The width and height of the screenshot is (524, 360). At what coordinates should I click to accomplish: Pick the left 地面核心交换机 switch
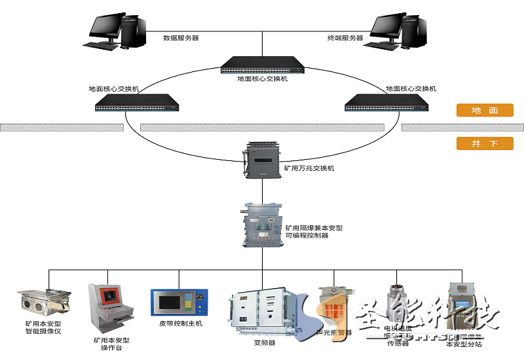(137, 101)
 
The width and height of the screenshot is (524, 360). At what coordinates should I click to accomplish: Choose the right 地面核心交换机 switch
(386, 101)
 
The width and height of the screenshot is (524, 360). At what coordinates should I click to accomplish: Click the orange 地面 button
(485, 111)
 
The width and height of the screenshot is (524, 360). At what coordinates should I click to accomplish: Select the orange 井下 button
(485, 143)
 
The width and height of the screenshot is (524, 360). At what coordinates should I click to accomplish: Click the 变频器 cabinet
(265, 312)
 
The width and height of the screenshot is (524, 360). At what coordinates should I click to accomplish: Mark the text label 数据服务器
(181, 38)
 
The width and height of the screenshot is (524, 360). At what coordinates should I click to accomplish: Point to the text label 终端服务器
(345, 38)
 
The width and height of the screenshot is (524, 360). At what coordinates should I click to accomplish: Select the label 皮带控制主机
(181, 323)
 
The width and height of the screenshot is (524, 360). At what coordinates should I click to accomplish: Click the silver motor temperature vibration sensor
(398, 300)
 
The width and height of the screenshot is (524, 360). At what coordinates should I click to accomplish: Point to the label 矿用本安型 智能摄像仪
(43, 327)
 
